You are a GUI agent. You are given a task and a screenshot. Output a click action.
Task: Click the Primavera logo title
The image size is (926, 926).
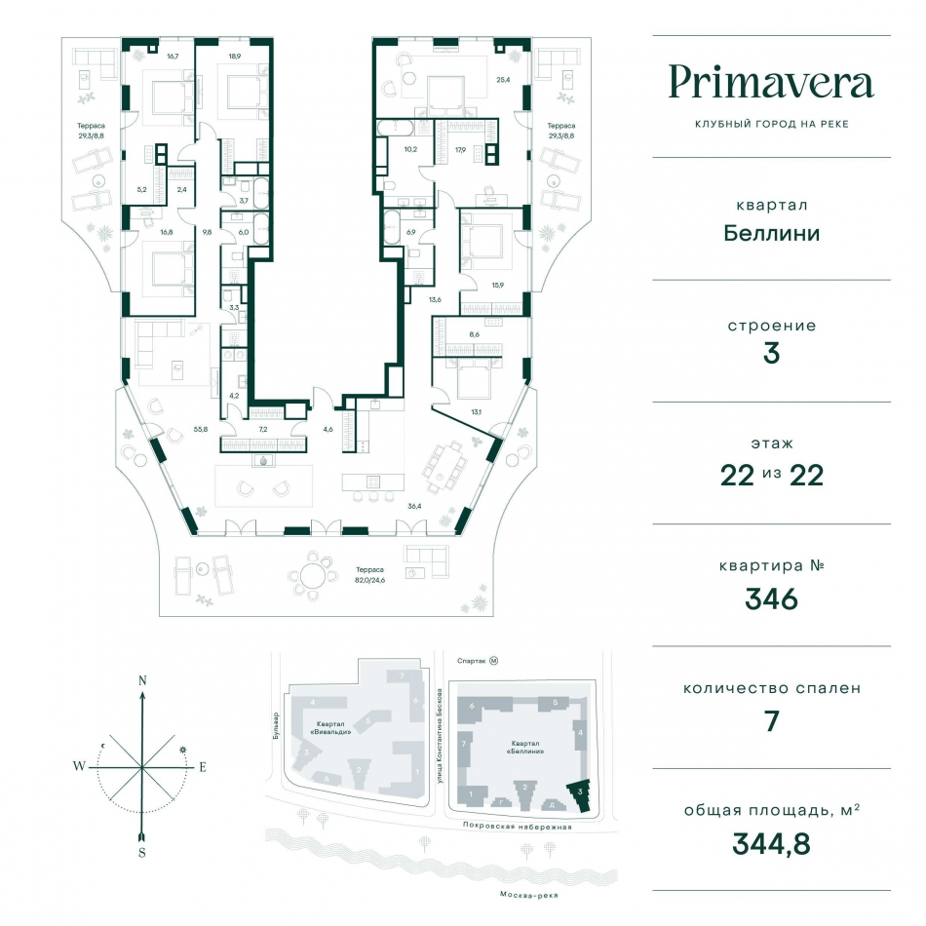click(x=771, y=82)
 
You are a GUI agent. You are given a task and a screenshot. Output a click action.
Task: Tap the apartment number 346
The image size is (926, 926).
click(x=771, y=598)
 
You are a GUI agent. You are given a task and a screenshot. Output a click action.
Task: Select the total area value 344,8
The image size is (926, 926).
click(x=771, y=843)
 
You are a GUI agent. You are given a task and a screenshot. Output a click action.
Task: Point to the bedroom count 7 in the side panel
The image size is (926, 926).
click(x=771, y=721)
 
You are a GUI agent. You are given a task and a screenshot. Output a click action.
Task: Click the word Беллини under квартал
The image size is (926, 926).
click(x=771, y=233)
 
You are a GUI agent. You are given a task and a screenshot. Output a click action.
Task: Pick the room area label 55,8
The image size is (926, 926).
click(x=201, y=429)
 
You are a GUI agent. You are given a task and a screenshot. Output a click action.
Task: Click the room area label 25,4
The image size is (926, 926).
click(x=503, y=80)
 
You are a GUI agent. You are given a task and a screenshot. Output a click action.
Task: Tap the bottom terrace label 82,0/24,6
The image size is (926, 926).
click(x=370, y=580)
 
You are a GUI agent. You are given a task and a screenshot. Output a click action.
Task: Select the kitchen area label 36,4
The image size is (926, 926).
click(x=414, y=506)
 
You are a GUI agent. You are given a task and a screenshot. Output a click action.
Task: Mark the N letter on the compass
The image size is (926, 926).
click(x=142, y=680)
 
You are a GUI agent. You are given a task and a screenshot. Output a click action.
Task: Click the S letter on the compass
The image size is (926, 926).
click(x=141, y=852)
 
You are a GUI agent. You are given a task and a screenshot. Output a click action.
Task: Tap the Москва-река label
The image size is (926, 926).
click(x=528, y=895)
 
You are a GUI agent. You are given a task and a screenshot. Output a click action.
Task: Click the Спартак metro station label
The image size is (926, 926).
click(x=471, y=661)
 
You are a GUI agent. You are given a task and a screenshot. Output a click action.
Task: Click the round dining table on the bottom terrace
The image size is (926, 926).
click(x=313, y=575)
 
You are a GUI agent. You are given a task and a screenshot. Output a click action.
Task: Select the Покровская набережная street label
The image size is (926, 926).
click(x=518, y=827)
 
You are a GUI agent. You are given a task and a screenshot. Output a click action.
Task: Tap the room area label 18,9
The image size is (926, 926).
click(x=235, y=57)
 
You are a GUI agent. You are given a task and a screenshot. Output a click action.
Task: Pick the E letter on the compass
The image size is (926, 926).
click(x=203, y=767)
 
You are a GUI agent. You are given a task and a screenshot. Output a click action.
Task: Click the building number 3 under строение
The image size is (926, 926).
click(x=771, y=353)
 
